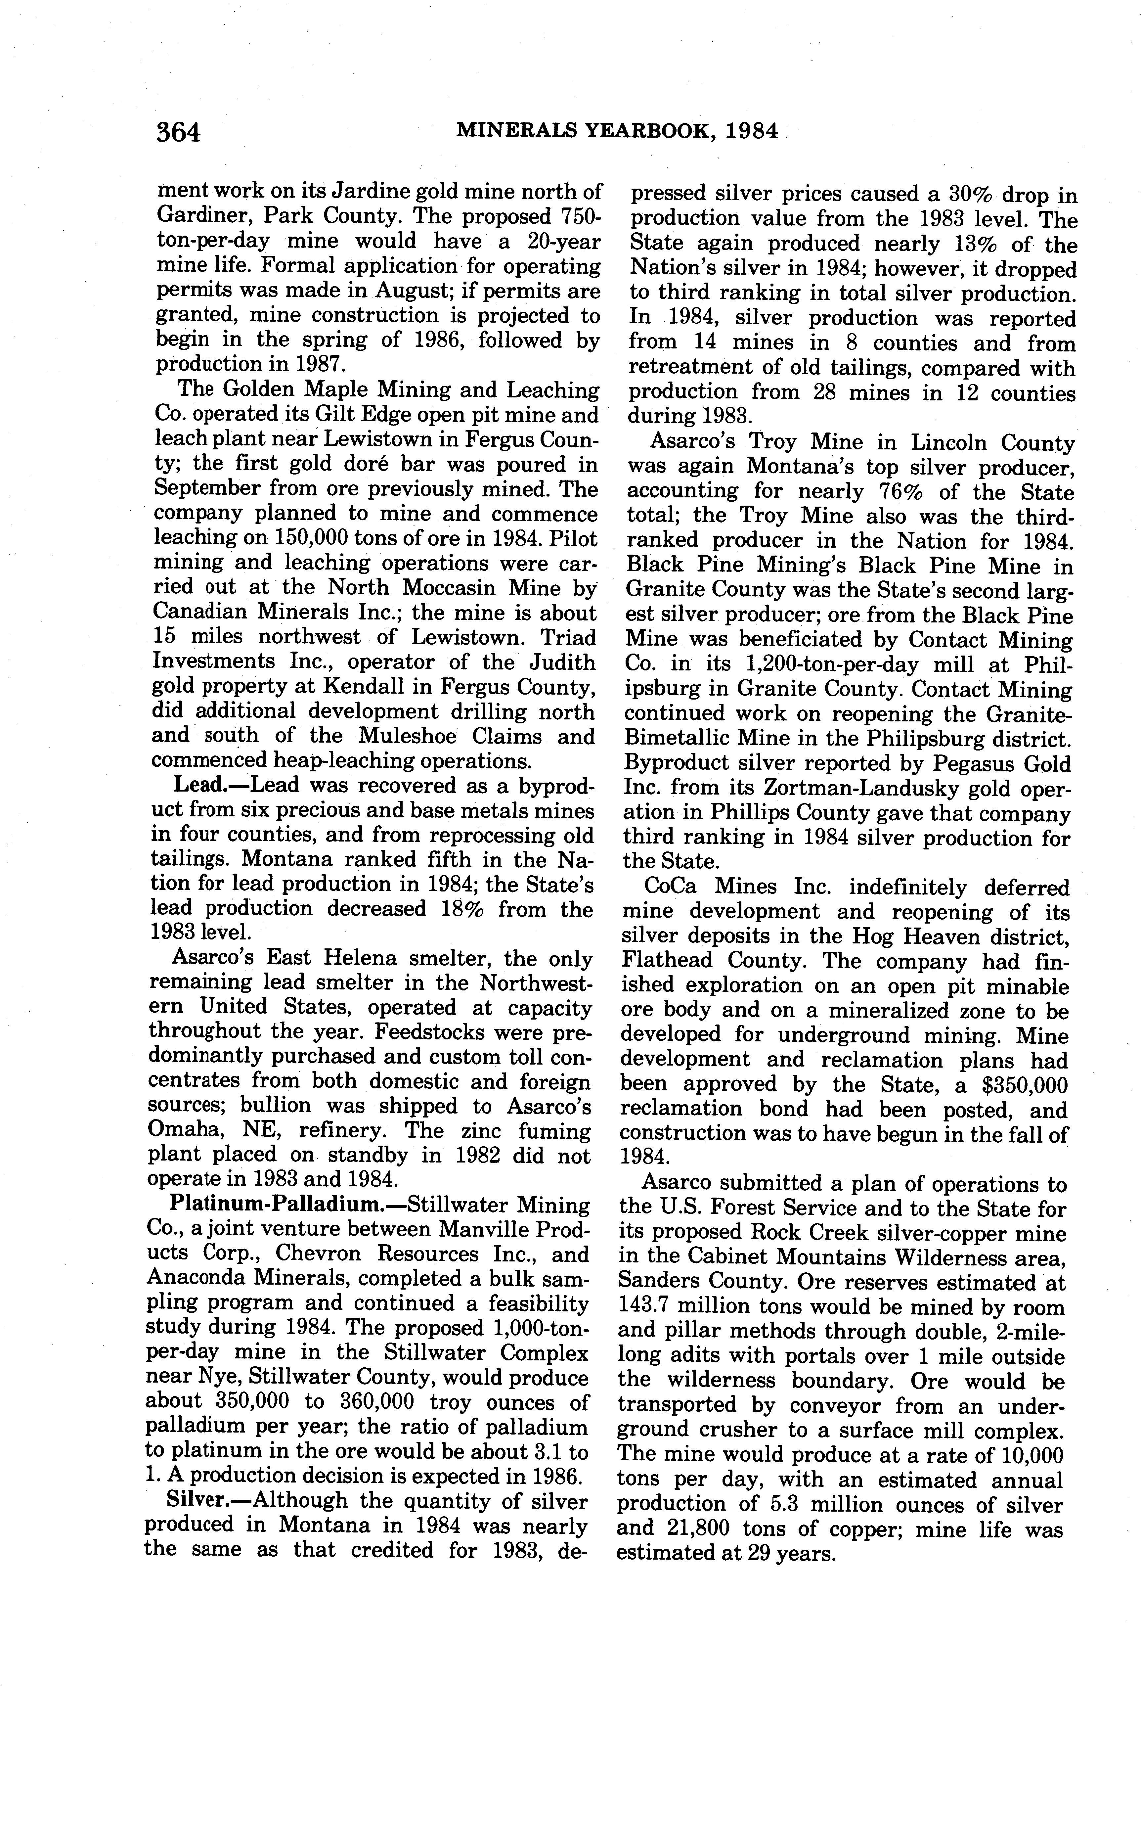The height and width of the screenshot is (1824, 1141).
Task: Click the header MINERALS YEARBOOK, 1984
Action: click(617, 131)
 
